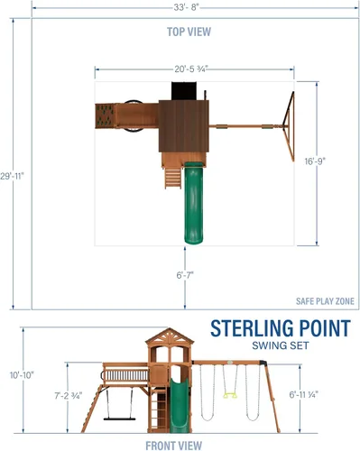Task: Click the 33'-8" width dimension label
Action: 187,7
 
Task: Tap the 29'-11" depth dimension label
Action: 12,176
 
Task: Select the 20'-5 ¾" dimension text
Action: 191,69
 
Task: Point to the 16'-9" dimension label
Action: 315,161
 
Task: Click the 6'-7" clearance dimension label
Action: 185,275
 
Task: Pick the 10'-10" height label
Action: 22,375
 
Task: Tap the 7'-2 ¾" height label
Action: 69,396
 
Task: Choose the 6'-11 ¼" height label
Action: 304,394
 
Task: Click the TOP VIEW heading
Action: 189,32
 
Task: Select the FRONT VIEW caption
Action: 174,446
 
